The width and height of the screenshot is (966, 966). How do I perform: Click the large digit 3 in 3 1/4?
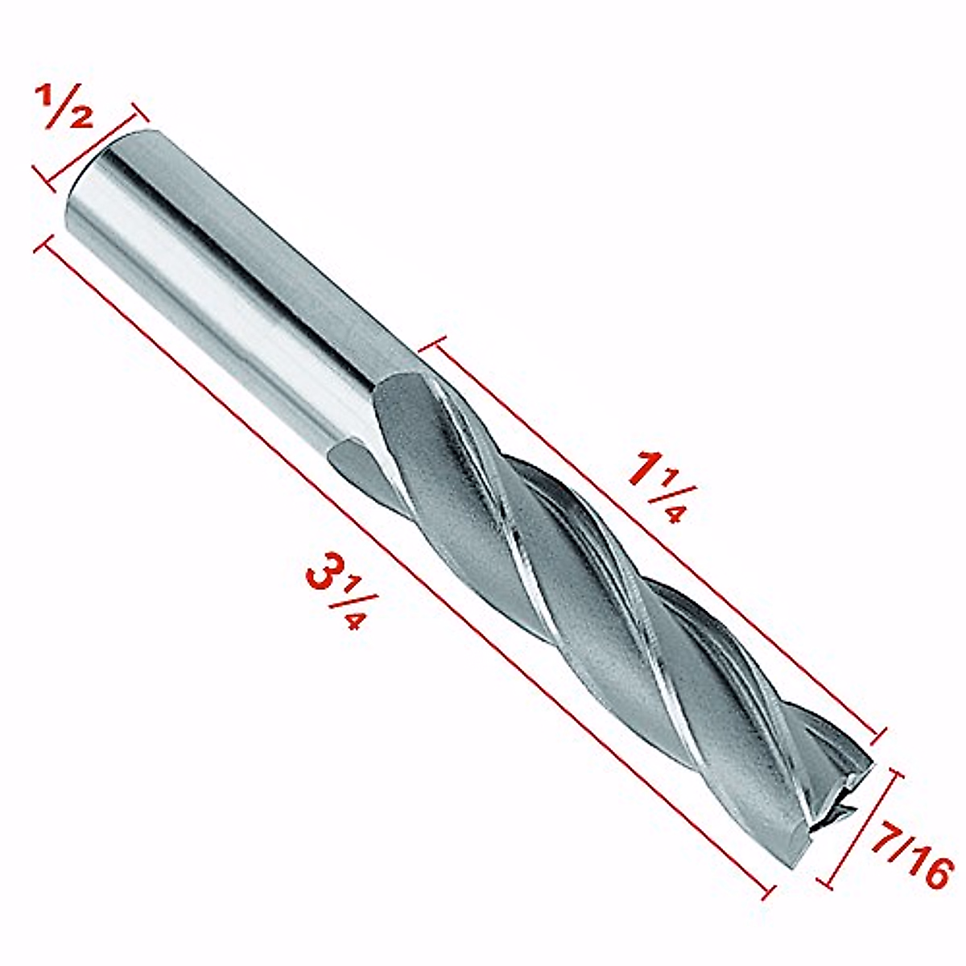coord(322,572)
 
